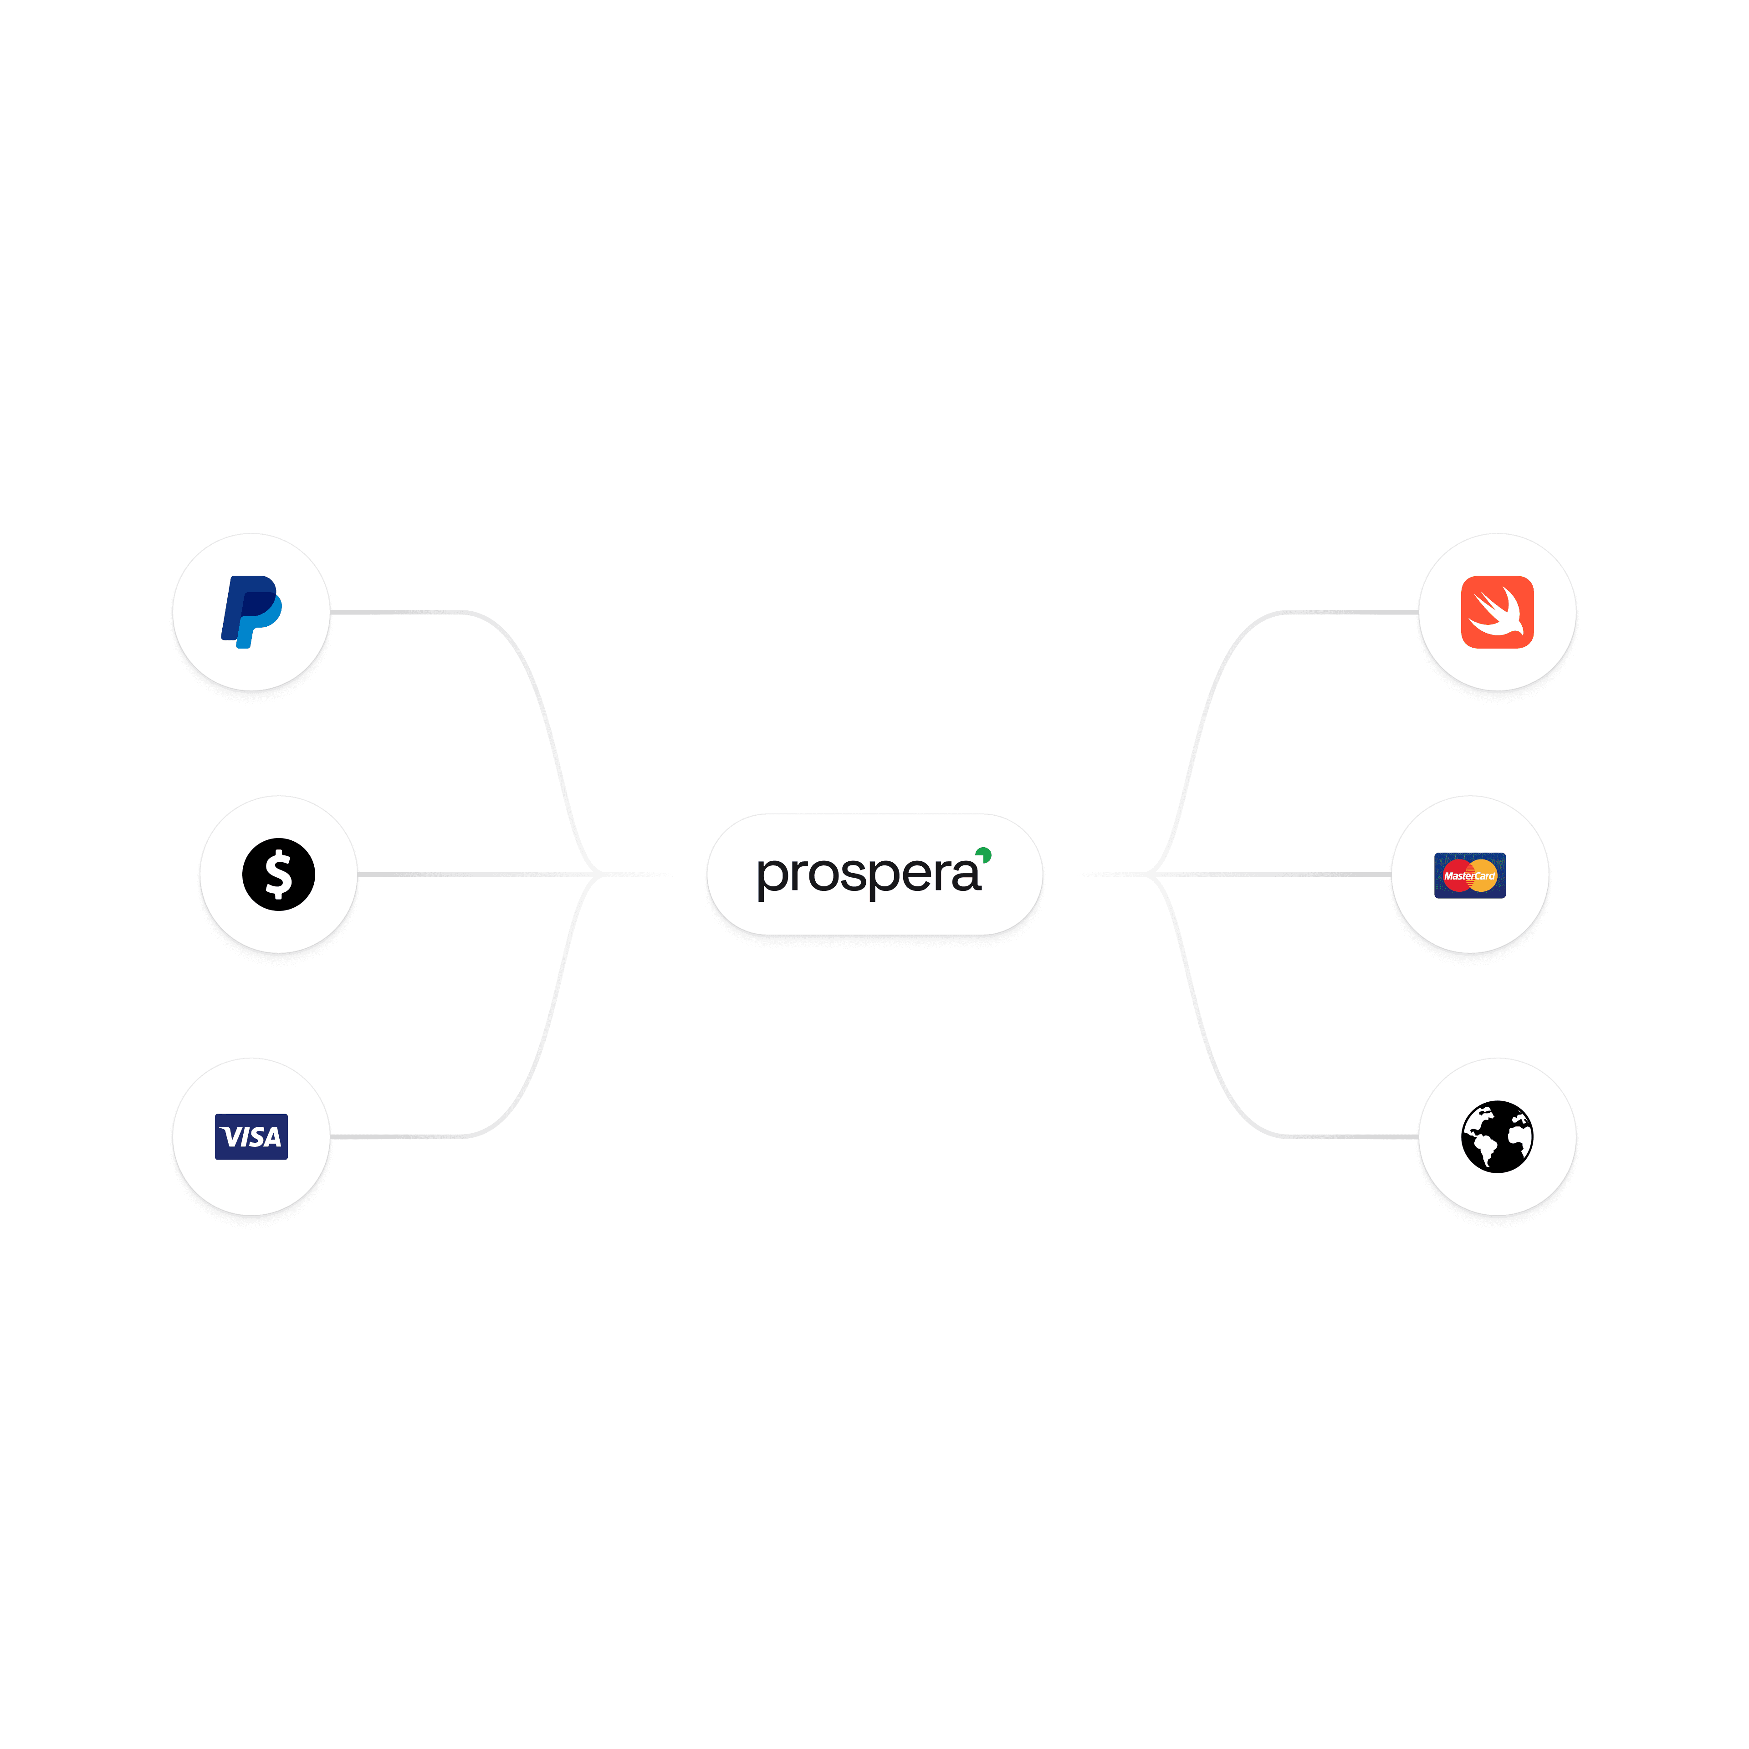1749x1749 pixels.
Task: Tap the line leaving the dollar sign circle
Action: [453, 874]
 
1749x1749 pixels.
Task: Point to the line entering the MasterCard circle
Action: [1285, 874]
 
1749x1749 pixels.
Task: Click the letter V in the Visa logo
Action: [232, 1137]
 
